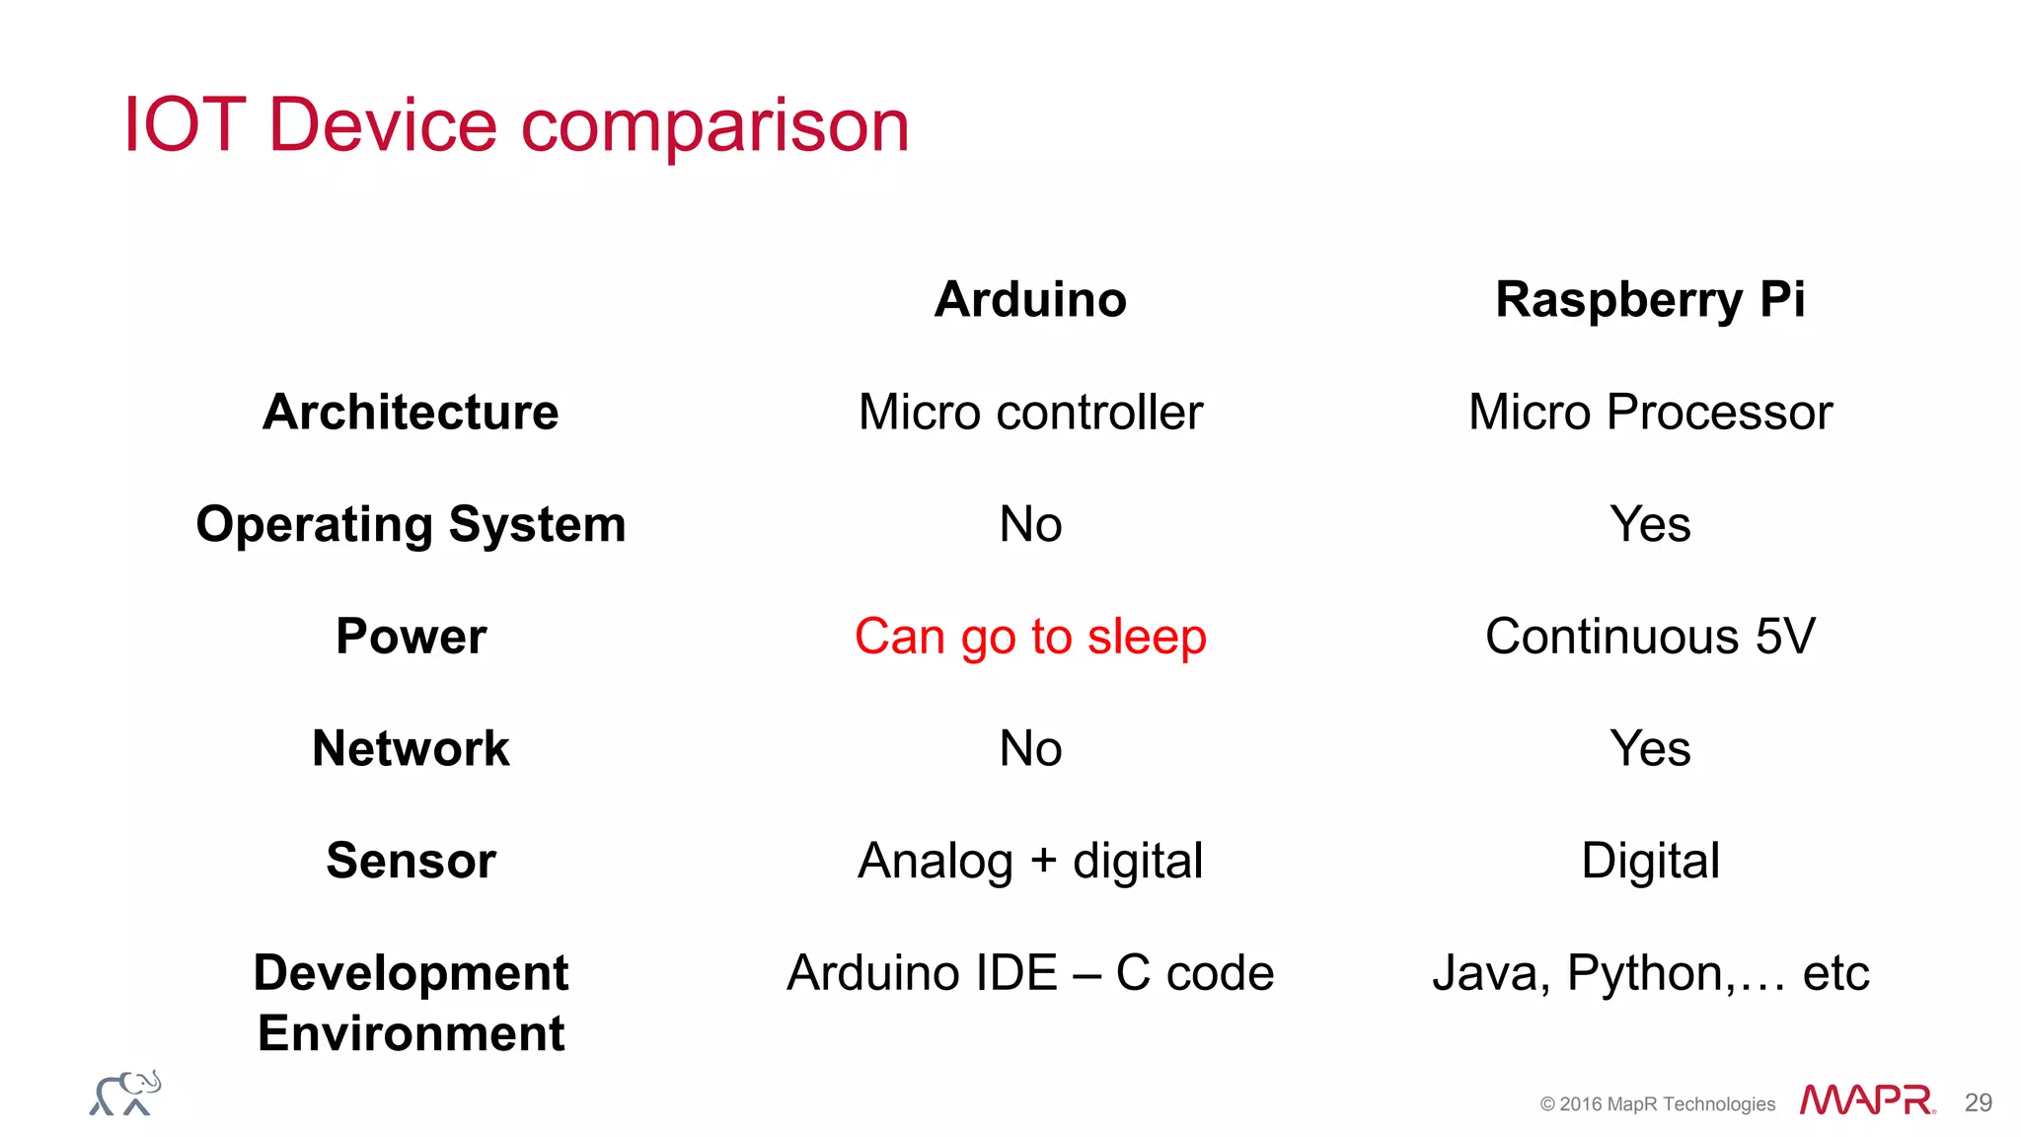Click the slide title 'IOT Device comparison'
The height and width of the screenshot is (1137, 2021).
tap(515, 125)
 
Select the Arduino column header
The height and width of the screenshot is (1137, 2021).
tap(1030, 299)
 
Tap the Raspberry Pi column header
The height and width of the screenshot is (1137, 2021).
tap(1650, 299)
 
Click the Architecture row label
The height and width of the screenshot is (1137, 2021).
tap(411, 412)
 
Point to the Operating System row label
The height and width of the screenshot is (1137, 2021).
tap(411, 524)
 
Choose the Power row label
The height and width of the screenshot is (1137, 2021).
tap(411, 636)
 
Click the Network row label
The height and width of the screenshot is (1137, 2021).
tap(411, 748)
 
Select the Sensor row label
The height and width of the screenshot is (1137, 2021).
tap(411, 860)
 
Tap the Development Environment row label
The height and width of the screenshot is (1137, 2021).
tap(411, 1002)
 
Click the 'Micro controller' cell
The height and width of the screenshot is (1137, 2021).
tap(1030, 412)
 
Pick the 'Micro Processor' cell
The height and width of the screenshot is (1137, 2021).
tap(1650, 412)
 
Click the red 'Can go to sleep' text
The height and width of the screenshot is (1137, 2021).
tap(1030, 636)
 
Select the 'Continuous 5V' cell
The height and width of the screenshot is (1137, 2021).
tap(1650, 636)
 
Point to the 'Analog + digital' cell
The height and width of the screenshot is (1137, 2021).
tap(1030, 860)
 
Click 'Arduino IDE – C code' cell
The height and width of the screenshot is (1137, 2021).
tap(1030, 973)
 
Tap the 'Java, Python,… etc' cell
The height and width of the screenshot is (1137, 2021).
tap(1650, 973)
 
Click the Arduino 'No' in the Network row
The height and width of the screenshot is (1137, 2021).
tap(1030, 748)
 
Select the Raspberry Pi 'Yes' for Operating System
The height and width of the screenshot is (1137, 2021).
tap(1650, 524)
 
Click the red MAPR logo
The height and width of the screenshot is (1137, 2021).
tap(1866, 1100)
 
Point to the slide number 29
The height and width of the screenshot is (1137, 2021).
tap(1978, 1102)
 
